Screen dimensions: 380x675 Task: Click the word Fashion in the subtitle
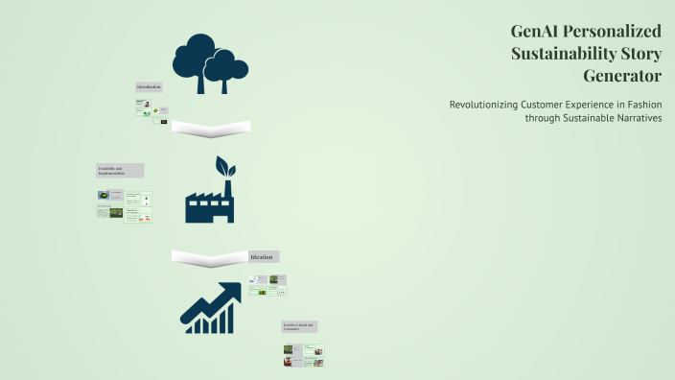click(641, 105)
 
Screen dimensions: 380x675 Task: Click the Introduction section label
click(149, 87)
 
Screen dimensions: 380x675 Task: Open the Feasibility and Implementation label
click(120, 170)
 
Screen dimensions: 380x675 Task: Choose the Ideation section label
click(263, 257)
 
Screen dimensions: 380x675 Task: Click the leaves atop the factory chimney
click(224, 166)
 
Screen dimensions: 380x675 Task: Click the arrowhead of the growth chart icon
click(230, 291)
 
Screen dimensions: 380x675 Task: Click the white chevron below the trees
click(211, 127)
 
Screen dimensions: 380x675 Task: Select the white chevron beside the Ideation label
click(209, 257)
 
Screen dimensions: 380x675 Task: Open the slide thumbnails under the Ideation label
click(268, 284)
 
